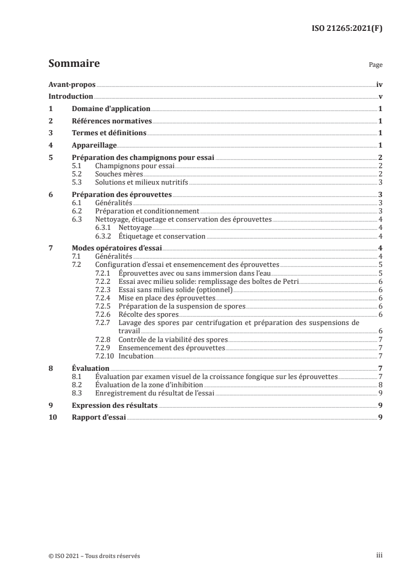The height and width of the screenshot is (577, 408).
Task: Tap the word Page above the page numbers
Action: tap(376, 65)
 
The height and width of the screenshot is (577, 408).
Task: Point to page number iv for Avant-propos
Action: tap(379, 84)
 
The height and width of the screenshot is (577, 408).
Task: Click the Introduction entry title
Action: tap(70, 97)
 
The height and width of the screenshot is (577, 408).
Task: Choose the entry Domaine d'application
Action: tap(111, 109)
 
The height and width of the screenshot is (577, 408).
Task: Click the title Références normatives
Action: tap(112, 121)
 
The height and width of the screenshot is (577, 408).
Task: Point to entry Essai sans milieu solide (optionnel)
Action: tap(175, 290)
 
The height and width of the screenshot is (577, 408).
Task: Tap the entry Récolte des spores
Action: tap(148, 314)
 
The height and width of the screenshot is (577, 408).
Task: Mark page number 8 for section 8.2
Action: tap(380, 384)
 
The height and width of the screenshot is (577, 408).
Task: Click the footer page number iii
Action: tap(379, 555)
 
